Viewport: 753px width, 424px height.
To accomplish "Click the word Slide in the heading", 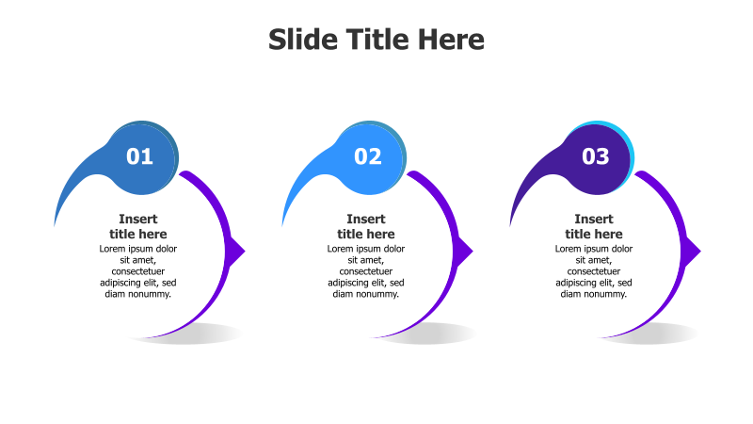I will pos(299,40).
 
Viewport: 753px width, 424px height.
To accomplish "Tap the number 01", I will pos(139,156).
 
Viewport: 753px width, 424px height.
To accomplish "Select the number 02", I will pos(368,156).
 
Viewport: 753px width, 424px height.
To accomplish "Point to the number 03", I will pos(596,156).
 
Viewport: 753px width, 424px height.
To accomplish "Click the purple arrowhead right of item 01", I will pos(237,251).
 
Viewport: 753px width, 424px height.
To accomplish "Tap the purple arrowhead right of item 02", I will pos(465,251).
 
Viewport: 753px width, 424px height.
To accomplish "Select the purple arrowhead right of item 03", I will pos(693,251).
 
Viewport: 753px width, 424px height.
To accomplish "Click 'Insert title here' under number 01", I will pos(138,226).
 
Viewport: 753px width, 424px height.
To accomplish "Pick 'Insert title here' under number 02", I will pos(366,226).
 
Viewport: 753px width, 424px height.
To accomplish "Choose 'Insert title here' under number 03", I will pos(594,226).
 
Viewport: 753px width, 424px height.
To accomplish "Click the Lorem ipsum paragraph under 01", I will pos(138,271).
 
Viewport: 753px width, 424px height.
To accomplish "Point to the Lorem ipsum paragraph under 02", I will pos(366,271).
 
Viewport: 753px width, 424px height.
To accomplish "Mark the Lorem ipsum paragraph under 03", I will pos(594,271).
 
